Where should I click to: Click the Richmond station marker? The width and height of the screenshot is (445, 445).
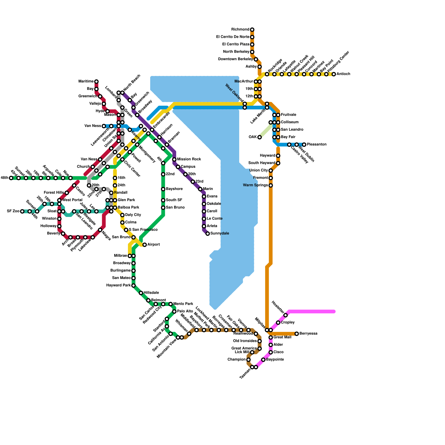pos(252,30)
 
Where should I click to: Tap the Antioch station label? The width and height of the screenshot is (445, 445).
pos(343,74)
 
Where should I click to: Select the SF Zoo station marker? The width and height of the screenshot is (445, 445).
pos(22,211)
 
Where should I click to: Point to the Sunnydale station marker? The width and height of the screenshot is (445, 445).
pos(207,234)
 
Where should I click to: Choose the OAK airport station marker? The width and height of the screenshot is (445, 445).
pos(259,137)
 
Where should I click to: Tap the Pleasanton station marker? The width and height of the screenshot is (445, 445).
pos(304,145)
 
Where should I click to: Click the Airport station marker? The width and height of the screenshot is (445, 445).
pos(145,245)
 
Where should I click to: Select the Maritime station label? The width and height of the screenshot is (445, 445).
pos(86,81)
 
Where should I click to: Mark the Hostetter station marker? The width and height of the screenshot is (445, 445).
pos(285,315)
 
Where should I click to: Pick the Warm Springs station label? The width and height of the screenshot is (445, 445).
pos(255,185)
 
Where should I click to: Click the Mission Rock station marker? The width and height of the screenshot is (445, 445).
pos(174,159)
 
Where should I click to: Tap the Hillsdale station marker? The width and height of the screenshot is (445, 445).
pos(141,293)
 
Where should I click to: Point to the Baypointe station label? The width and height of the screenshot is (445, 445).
pos(275,360)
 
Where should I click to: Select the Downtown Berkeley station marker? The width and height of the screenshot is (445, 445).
pos(256,59)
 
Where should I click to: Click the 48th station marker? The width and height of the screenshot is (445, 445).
pos(11,178)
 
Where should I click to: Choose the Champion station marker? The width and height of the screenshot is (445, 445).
pos(248,360)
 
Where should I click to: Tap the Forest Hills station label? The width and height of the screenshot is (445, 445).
pos(54,192)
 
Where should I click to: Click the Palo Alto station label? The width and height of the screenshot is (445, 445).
pos(185,311)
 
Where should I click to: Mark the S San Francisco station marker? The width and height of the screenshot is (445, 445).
pos(126,230)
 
